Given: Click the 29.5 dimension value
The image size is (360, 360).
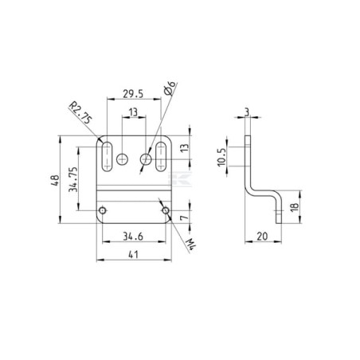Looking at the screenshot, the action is tap(133, 94).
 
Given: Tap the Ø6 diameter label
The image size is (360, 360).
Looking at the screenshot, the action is tap(170, 88).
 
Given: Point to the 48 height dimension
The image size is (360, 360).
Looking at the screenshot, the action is tap(56, 180).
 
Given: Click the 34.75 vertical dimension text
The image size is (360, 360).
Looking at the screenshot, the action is tap(73, 179).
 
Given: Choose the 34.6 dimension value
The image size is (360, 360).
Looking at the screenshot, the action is tap(133, 237).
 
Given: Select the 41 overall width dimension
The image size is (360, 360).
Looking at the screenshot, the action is tap(134, 255).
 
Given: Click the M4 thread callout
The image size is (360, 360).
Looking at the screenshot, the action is tap(191, 245).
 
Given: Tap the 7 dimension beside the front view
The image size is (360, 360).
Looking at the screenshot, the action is tap(184, 217).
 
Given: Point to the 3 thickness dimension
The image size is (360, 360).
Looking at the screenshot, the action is tap(247, 112).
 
